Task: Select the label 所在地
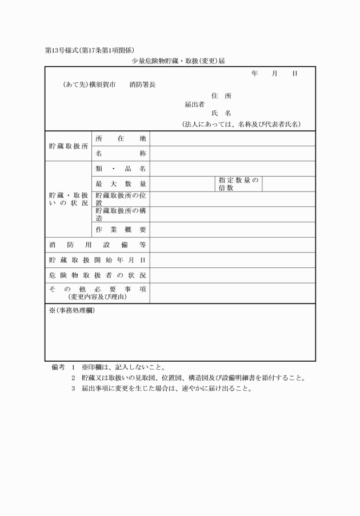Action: (121, 139)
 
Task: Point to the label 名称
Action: (121, 154)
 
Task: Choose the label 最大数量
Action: (121, 184)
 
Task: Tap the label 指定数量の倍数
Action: (238, 184)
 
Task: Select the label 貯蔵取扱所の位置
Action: (121, 199)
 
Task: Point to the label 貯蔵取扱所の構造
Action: (121, 214)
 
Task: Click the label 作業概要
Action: (121, 230)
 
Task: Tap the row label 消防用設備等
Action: (97, 245)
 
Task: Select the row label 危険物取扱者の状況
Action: (97, 275)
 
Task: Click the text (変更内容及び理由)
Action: (97, 297)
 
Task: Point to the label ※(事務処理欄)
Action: (72, 310)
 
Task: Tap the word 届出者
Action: (194, 105)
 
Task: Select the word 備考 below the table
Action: (58, 367)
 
